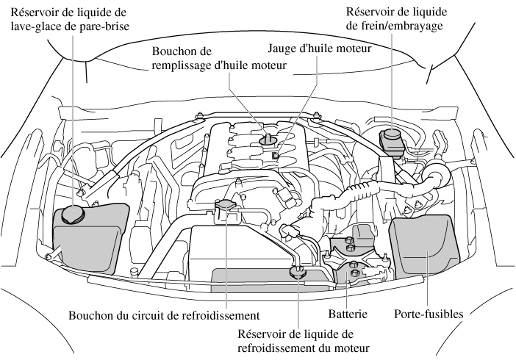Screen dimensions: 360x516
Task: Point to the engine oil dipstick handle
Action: (x=275, y=156)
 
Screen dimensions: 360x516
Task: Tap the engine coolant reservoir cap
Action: (x=298, y=273)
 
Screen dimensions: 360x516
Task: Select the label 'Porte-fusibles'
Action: (x=429, y=314)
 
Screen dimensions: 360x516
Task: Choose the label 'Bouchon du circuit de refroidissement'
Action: (x=165, y=317)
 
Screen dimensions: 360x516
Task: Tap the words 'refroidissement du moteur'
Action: (x=304, y=348)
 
